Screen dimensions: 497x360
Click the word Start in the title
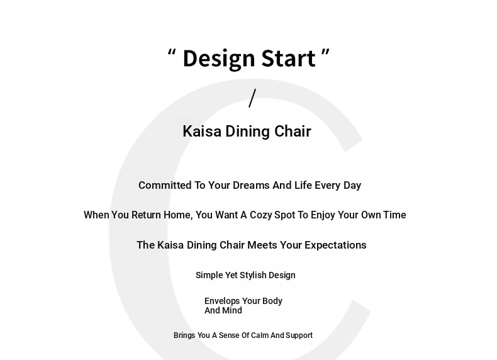click(x=289, y=59)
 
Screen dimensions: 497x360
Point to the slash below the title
click(x=252, y=98)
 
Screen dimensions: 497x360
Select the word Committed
click(x=165, y=185)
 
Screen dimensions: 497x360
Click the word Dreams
click(x=251, y=185)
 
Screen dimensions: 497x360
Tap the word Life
click(x=303, y=185)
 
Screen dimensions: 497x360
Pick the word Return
click(x=146, y=215)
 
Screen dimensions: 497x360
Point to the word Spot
click(x=285, y=215)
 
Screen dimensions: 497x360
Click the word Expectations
click(x=335, y=245)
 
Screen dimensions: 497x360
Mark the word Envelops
click(x=222, y=301)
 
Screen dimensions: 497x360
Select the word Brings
click(x=184, y=335)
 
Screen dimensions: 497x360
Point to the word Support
click(x=299, y=335)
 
